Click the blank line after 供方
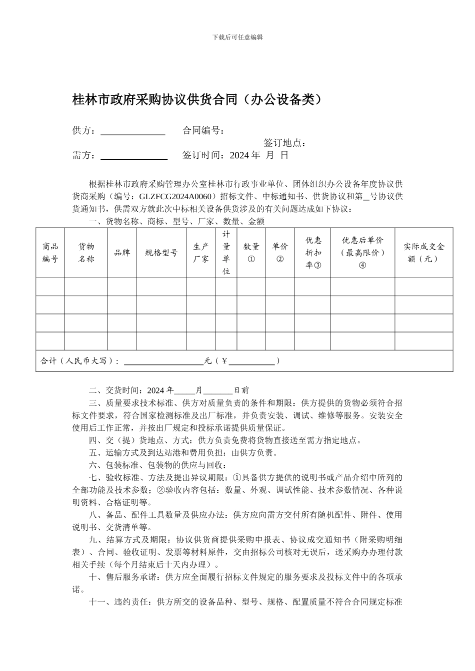(133, 131)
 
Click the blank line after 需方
(134, 156)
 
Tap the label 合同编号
(203, 131)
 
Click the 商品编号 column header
(50, 253)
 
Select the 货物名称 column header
(86, 253)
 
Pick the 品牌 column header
(122, 253)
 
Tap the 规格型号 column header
(161, 253)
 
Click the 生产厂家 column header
(201, 253)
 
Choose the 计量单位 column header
(226, 253)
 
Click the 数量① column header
(251, 253)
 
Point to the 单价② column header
(280, 253)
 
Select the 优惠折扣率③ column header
(312, 253)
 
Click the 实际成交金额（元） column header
(423, 253)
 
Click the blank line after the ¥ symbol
(251, 361)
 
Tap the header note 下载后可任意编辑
(237, 37)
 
